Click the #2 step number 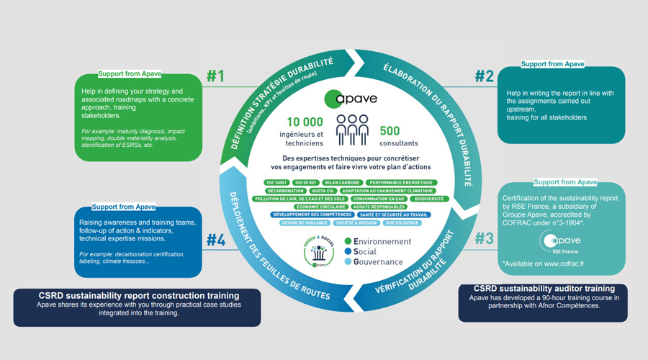point(483,76)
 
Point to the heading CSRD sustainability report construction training point(139,295)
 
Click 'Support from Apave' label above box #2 point(552,64)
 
